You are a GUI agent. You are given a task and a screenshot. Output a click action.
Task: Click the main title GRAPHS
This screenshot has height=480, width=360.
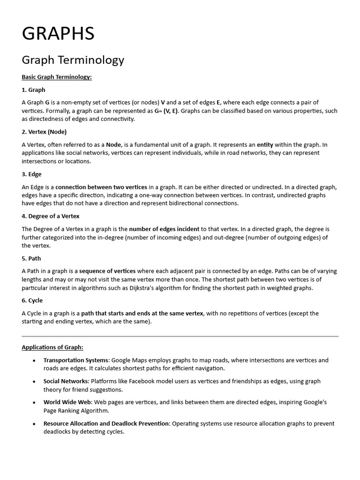[58, 34]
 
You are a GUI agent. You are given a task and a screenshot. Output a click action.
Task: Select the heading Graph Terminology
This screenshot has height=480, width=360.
[73, 60]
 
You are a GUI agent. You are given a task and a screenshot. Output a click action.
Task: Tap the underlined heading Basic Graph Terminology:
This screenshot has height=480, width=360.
[57, 77]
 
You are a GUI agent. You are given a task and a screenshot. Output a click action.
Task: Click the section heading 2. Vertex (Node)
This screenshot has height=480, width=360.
[44, 132]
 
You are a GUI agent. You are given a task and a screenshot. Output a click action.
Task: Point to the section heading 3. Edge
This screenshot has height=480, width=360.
[31, 174]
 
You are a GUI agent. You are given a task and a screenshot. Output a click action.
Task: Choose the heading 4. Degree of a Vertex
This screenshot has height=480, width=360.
[51, 216]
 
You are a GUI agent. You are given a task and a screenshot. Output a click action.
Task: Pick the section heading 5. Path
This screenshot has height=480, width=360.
[31, 258]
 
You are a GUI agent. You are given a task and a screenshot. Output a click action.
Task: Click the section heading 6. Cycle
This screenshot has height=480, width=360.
[32, 300]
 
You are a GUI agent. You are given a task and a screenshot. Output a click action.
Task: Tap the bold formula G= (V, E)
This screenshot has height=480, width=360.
[167, 111]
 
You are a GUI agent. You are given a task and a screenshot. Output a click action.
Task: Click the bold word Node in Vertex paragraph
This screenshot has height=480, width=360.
[113, 144]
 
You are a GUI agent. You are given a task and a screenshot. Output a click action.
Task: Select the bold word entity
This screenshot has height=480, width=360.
[265, 144]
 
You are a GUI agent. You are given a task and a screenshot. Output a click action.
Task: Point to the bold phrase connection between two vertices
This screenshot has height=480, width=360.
[101, 187]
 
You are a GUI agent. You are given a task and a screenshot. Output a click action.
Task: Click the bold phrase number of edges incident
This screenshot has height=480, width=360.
[164, 229]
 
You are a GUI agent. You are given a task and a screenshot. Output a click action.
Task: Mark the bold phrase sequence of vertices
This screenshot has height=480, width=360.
[107, 271]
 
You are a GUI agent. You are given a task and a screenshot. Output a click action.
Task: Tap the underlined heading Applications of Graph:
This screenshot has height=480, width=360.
[52, 347]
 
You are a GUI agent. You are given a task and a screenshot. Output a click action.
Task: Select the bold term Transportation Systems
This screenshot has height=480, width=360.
[76, 360]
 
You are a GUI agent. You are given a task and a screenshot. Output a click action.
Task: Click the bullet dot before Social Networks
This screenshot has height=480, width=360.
[34, 382]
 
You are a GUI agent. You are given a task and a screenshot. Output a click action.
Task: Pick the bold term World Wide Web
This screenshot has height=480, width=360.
[67, 402]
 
